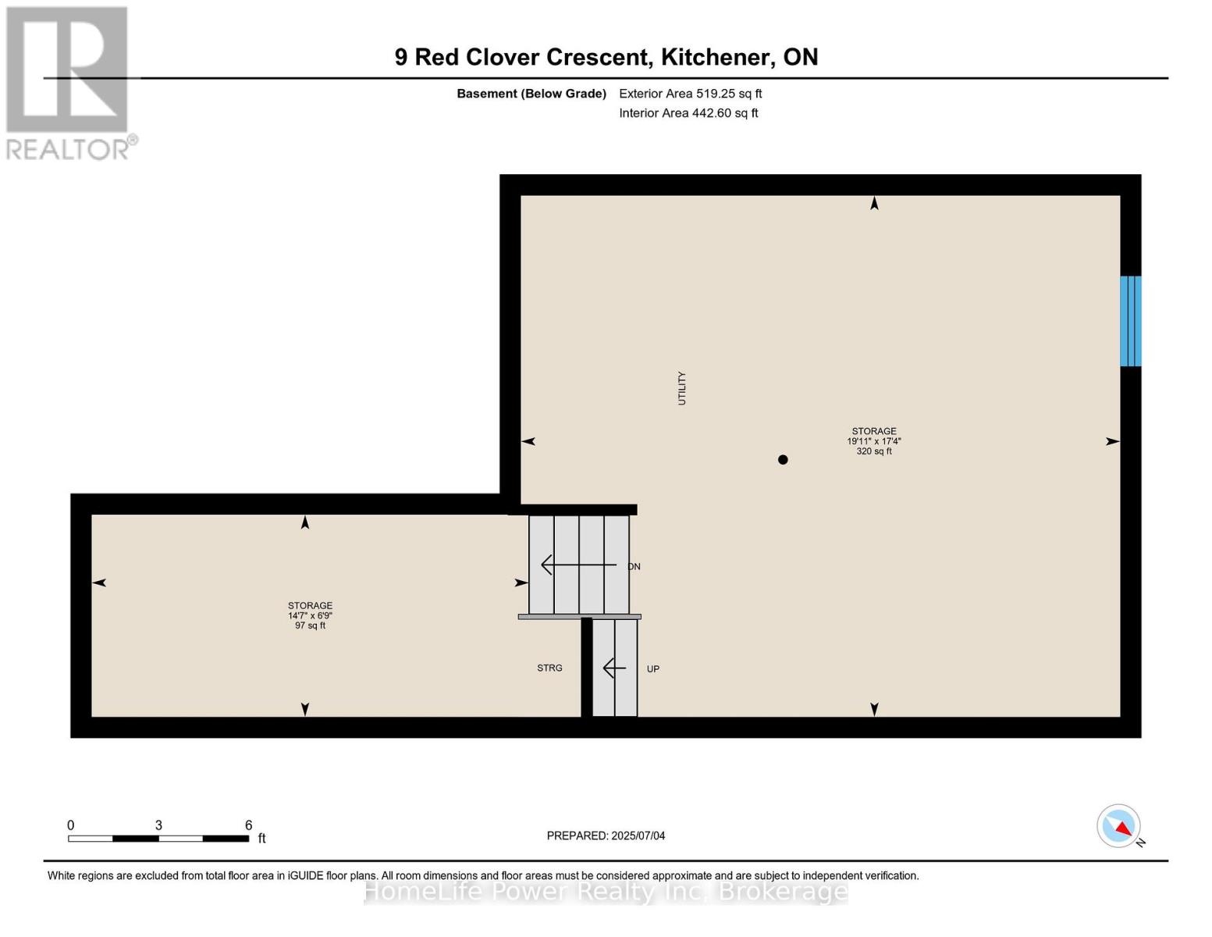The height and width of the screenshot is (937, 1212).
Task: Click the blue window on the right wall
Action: point(1130,321)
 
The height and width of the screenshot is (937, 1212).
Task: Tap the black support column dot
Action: point(783,460)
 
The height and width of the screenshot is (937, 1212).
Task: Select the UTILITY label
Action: point(681,388)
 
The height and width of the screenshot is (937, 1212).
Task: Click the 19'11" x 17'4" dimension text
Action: point(874,441)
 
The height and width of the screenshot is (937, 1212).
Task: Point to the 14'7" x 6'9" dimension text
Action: point(310,615)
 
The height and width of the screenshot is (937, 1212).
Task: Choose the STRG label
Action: point(549,668)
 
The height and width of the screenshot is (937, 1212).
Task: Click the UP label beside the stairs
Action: point(653,669)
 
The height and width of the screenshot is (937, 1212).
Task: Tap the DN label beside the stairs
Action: point(634,567)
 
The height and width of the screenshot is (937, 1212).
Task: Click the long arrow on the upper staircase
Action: point(578,565)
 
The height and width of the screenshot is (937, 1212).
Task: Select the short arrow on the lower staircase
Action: point(614,668)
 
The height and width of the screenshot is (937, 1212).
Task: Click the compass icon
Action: point(1119,826)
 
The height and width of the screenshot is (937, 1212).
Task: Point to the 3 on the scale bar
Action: point(158,825)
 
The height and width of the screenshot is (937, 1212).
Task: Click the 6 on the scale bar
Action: point(249,825)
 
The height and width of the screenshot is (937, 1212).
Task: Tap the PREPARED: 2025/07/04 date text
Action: point(606,836)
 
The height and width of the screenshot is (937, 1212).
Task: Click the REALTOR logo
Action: point(69,82)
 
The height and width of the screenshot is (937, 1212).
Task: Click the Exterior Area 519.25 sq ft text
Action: point(690,94)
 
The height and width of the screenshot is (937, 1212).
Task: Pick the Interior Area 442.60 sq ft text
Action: point(688,113)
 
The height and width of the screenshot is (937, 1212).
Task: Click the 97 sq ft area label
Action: point(310,625)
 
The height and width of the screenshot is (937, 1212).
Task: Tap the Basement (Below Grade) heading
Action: point(531,94)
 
